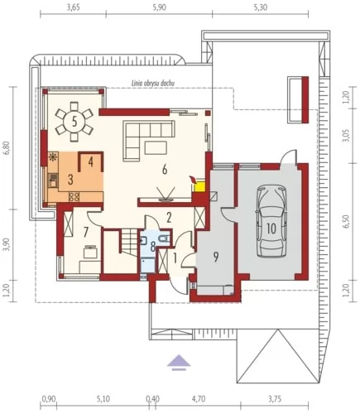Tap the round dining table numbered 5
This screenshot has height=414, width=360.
(x=74, y=122)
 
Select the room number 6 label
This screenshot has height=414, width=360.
(x=165, y=170)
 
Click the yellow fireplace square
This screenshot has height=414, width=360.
(x=199, y=186)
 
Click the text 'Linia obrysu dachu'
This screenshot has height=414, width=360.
(x=152, y=83)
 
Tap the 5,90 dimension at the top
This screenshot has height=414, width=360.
(x=160, y=7)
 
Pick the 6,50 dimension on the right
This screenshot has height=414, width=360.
(x=346, y=221)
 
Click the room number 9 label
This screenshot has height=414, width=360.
(x=216, y=257)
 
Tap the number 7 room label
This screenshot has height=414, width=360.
(x=86, y=233)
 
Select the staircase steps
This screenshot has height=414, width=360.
(x=129, y=243)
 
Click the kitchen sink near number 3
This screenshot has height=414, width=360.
(x=53, y=180)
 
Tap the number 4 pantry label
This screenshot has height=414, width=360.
(x=90, y=162)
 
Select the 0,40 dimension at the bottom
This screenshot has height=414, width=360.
(x=152, y=399)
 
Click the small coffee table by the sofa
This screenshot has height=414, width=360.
(x=156, y=147)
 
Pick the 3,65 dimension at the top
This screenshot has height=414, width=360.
(x=74, y=7)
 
